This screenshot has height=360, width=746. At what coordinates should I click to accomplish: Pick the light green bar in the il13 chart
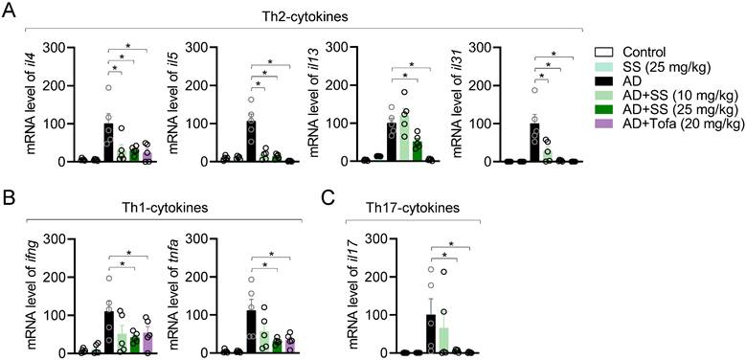(x=404, y=138)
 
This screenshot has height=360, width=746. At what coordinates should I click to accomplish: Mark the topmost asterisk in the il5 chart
(x=271, y=61)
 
